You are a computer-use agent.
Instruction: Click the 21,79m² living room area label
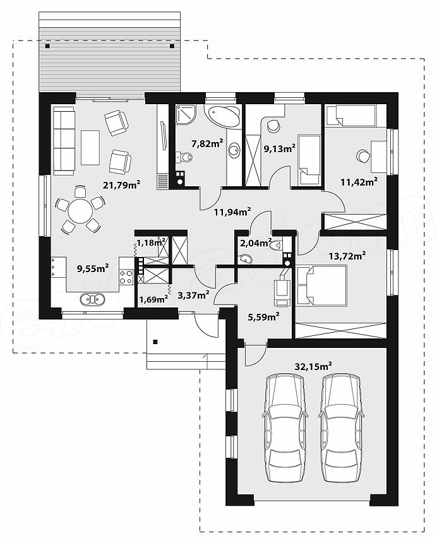pyautogui.click(x=121, y=185)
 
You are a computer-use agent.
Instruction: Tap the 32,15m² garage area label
pyautogui.click(x=313, y=366)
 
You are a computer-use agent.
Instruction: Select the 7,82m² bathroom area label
pyautogui.click(x=207, y=143)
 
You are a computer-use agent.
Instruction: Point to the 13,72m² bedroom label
pyautogui.click(x=347, y=256)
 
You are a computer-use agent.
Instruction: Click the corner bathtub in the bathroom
pyautogui.click(x=222, y=116)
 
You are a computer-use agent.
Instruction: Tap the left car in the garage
pyautogui.click(x=285, y=427)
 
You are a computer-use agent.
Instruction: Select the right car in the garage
pyautogui.click(x=342, y=427)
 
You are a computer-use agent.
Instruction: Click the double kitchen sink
pyautogui.click(x=92, y=299)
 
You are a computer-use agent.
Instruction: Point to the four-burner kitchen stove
pyautogui.click(x=126, y=277)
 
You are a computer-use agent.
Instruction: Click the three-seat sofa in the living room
pyautogui.click(x=64, y=141)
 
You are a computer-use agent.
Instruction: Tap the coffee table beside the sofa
pyautogui.click(x=90, y=148)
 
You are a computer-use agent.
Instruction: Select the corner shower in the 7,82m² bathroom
pyautogui.click(x=187, y=114)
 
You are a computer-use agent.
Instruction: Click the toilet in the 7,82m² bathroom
pyautogui.click(x=184, y=158)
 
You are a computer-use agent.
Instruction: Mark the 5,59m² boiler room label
pyautogui.click(x=264, y=316)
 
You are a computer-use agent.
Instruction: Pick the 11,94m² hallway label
pyautogui.click(x=232, y=212)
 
